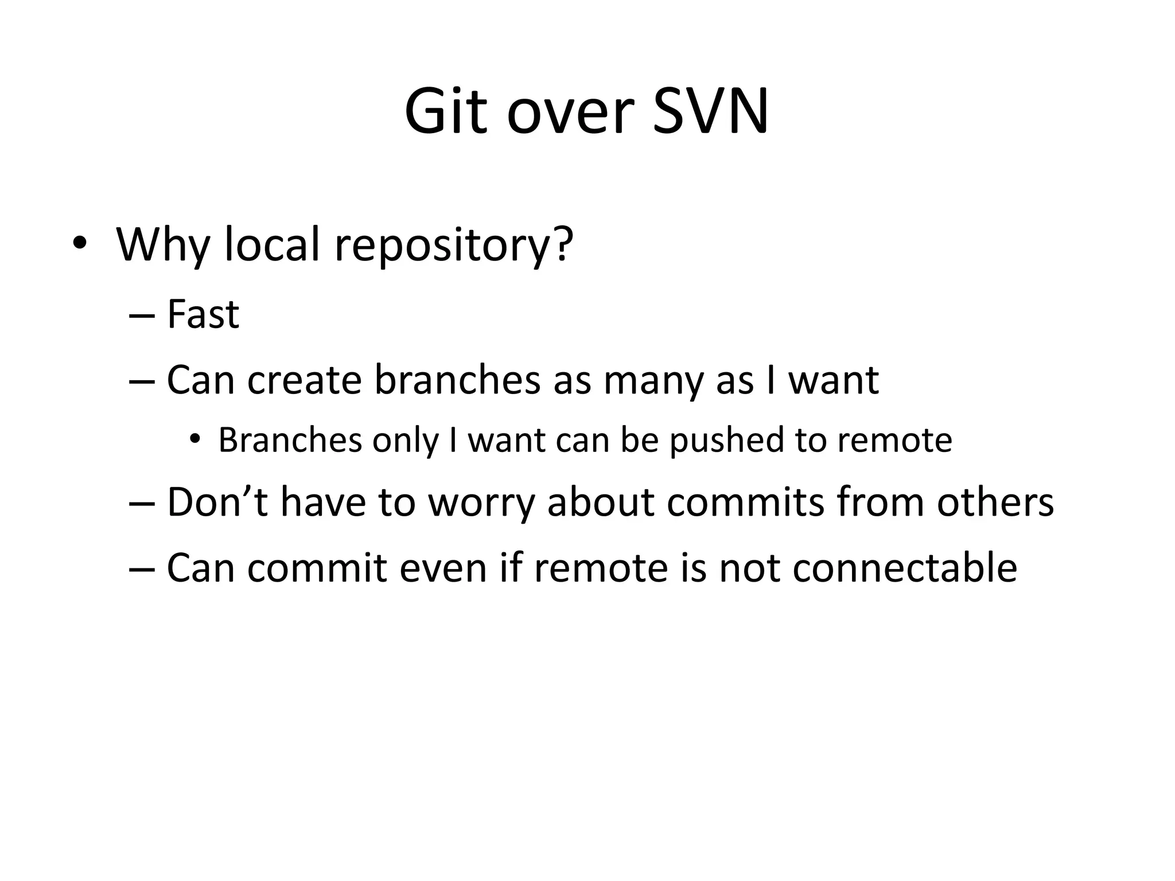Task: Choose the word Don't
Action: pyautogui.click(x=217, y=502)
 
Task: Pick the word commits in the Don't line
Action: pyautogui.click(x=745, y=502)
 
